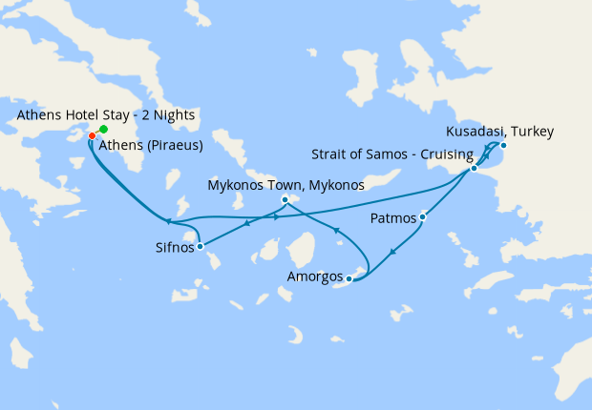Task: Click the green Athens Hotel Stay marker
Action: coord(103,129)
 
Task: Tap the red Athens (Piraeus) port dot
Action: coord(92,135)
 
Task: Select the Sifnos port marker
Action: coord(200,246)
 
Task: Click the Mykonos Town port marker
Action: coord(285,199)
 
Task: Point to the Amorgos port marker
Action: coord(350,278)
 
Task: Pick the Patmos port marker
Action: coord(422,217)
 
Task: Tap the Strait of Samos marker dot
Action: coord(474,169)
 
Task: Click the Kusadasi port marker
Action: coord(503,145)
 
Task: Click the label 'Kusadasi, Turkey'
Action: coord(500,132)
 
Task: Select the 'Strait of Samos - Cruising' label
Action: coord(392,154)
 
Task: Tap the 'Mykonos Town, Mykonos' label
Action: coord(285,185)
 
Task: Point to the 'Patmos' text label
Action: coord(393,219)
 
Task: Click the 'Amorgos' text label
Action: coord(315,277)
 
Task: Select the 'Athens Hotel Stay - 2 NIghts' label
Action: coord(106,115)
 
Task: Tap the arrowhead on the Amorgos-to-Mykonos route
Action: coord(335,230)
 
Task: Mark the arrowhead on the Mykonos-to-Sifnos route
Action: coord(247,224)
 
